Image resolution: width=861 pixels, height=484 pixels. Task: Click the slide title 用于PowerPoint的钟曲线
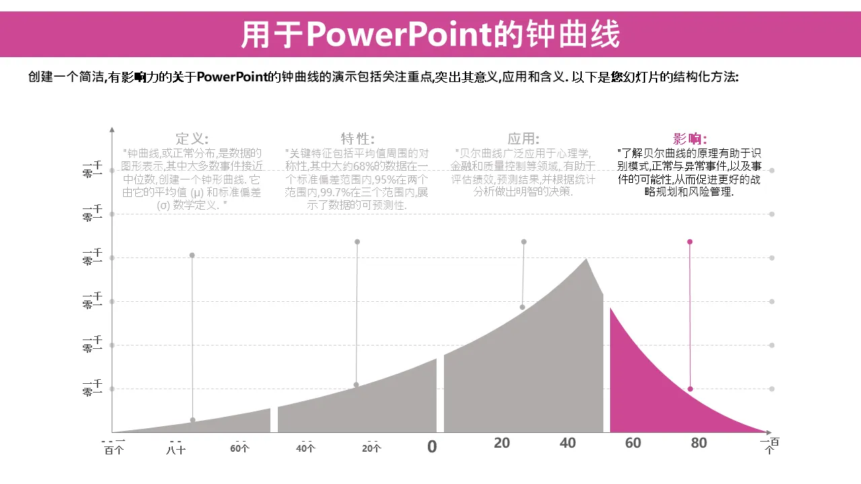click(x=430, y=35)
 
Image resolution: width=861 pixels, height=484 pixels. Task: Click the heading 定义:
click(x=192, y=138)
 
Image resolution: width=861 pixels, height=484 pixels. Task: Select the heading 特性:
click(x=357, y=138)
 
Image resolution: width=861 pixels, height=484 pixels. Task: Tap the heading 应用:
click(x=523, y=138)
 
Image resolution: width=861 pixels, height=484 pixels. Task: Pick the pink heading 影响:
click(x=690, y=138)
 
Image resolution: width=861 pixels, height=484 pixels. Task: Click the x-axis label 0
click(x=432, y=446)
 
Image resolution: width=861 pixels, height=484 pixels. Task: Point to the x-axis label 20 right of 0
click(x=502, y=443)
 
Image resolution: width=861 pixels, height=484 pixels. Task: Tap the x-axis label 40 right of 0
click(x=568, y=443)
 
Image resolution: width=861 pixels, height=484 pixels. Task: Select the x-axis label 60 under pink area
click(x=633, y=443)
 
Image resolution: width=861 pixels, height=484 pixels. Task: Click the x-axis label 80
click(x=699, y=443)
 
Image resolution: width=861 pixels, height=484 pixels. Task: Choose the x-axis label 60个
click(x=239, y=448)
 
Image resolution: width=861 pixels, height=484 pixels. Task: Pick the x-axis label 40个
click(x=305, y=448)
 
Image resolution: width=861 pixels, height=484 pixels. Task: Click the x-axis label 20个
click(x=371, y=448)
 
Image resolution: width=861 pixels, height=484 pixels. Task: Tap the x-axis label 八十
click(x=176, y=449)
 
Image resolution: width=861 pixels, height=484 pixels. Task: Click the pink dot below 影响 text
click(x=689, y=241)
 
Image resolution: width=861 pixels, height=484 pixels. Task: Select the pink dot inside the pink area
click(x=690, y=389)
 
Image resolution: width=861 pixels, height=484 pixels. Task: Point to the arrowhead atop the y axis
click(x=112, y=128)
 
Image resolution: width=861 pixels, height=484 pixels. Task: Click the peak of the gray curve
click(x=587, y=259)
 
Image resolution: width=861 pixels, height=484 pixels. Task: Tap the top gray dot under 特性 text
click(x=357, y=241)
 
